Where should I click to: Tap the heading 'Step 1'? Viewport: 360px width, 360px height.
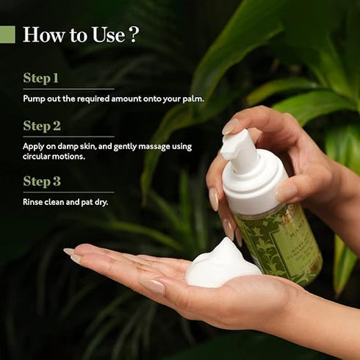(x=41, y=78)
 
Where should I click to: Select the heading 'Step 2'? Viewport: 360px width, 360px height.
(x=42, y=126)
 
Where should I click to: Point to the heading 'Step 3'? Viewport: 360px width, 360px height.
(x=42, y=181)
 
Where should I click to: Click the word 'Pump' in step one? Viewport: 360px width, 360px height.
(x=34, y=97)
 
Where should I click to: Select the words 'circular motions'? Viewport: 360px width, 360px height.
(x=54, y=156)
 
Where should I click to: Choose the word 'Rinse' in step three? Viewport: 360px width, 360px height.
(x=33, y=201)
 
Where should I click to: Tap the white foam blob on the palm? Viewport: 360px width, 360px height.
(x=221, y=264)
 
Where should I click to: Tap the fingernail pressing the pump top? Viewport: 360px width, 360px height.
(x=229, y=126)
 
